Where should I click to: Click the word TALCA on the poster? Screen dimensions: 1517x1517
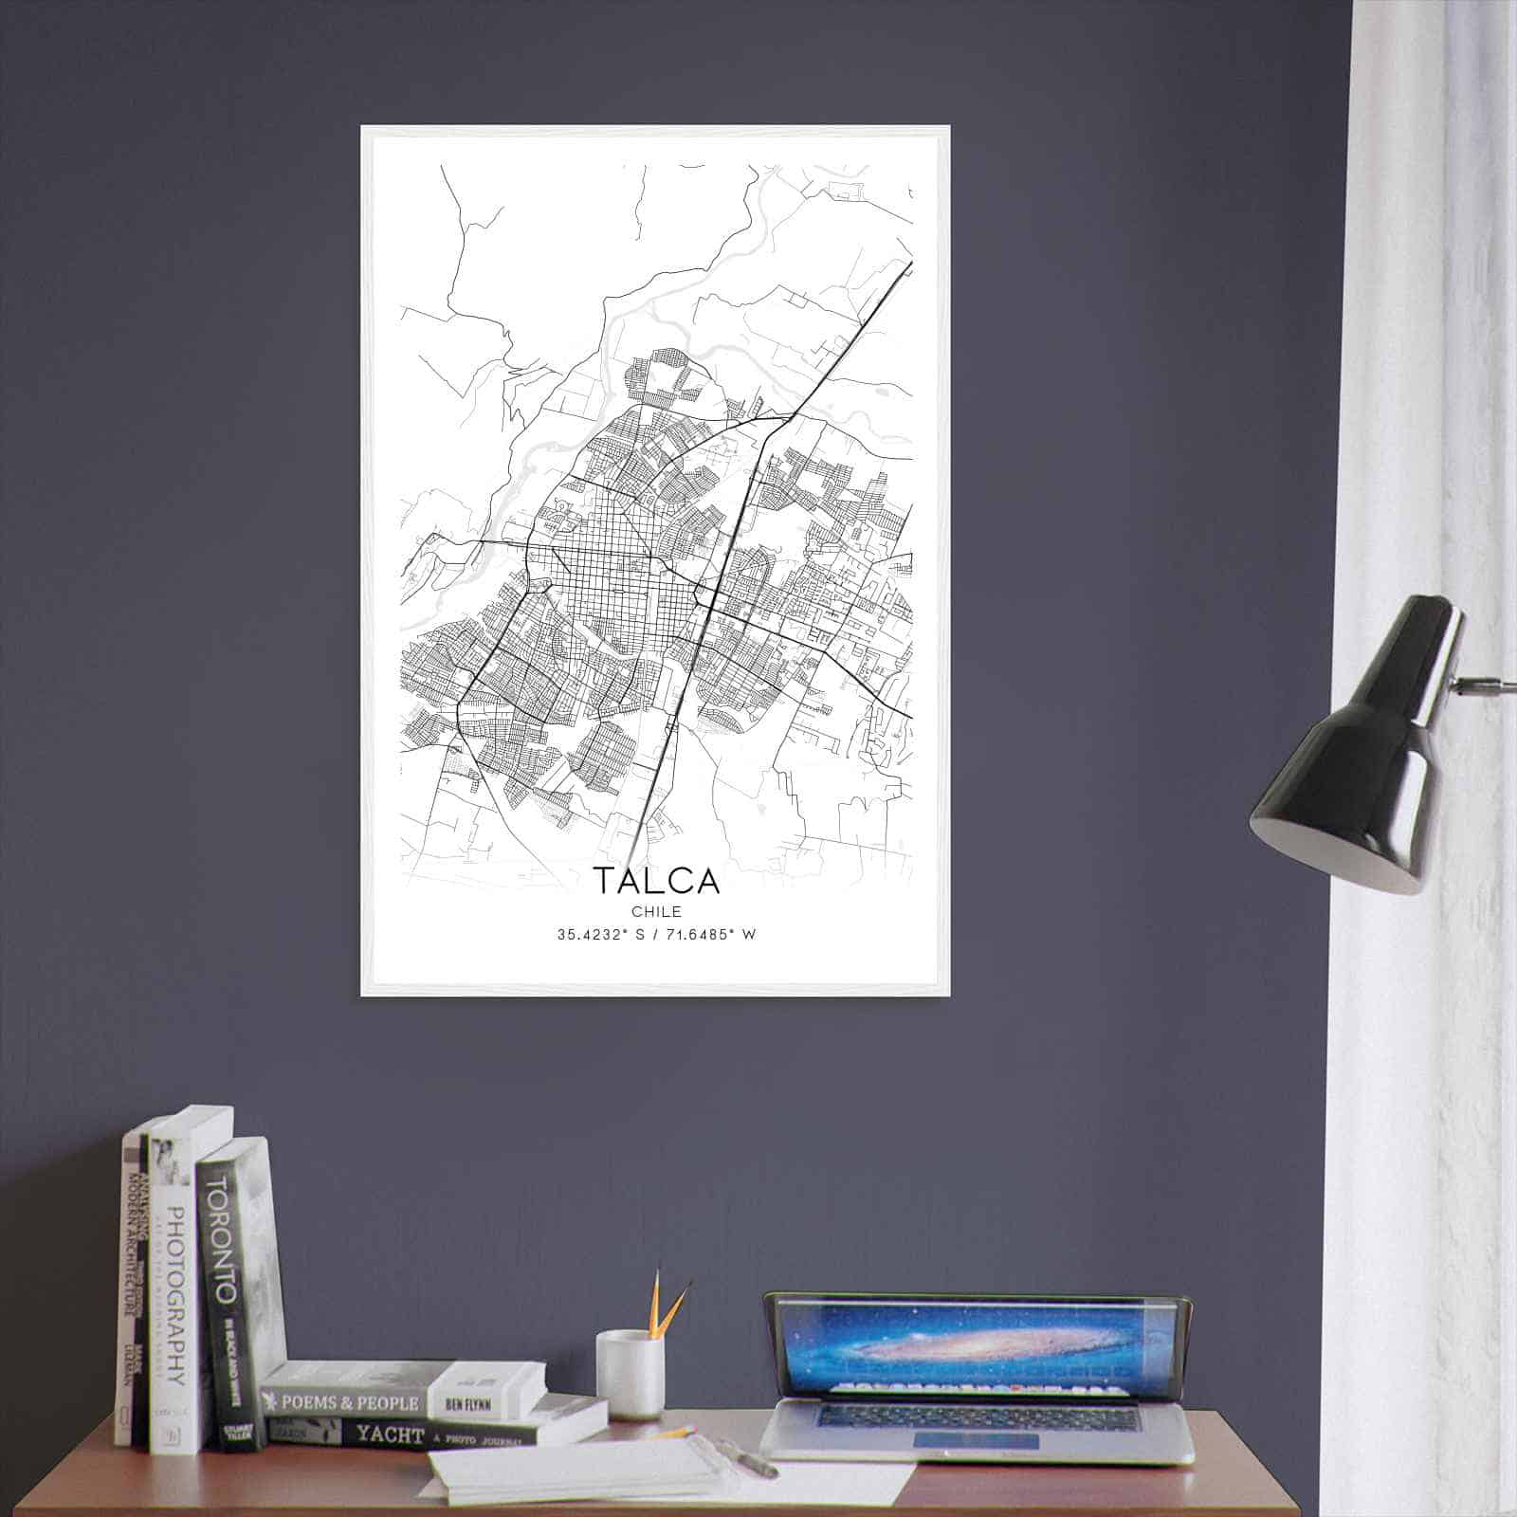click(656, 881)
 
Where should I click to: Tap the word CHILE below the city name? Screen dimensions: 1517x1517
click(656, 912)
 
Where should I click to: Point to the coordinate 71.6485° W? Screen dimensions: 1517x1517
click(714, 935)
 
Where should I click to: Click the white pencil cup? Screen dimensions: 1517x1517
click(629, 1375)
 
